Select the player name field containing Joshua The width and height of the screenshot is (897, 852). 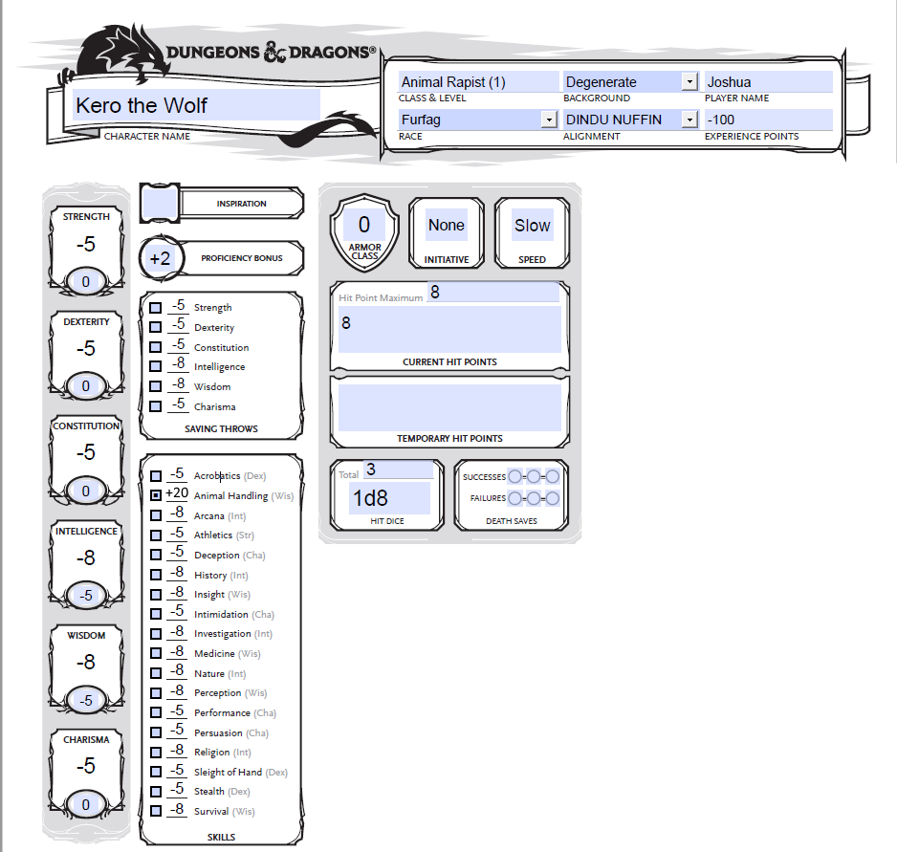tap(768, 82)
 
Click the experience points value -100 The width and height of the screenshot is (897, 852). tap(768, 120)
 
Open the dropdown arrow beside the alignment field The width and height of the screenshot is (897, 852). tap(689, 119)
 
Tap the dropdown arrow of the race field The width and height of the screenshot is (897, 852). tap(549, 119)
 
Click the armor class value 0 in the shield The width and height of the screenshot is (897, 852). tap(364, 225)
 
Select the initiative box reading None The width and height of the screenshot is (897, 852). tap(447, 225)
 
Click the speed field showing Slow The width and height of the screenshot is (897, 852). tap(532, 225)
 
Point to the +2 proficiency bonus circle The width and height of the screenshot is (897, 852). tap(161, 258)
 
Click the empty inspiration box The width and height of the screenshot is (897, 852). tap(160, 204)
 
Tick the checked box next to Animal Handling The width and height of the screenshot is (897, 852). tap(156, 495)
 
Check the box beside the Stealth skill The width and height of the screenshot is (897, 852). tap(156, 792)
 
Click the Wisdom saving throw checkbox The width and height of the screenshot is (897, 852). tap(156, 386)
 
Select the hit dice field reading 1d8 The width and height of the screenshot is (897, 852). tap(389, 498)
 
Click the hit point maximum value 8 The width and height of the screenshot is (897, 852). tap(492, 292)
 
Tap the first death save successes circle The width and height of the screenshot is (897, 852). tap(514, 476)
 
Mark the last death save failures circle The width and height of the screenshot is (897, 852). tap(552, 498)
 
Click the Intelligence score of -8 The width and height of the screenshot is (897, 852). tap(86, 557)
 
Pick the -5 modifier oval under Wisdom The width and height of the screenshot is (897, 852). tap(86, 700)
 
